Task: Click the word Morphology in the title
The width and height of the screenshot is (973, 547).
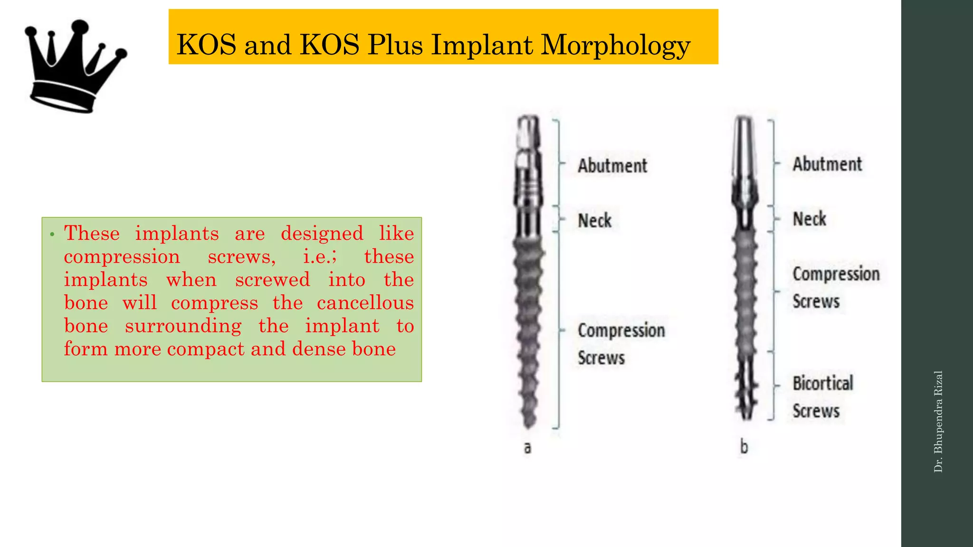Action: [x=615, y=46]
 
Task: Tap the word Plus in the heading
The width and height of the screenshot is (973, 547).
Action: [x=394, y=45]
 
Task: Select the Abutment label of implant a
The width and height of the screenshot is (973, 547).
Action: [x=612, y=166]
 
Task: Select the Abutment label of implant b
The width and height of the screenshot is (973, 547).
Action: [x=827, y=164]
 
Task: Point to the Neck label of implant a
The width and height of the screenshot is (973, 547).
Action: [x=595, y=221]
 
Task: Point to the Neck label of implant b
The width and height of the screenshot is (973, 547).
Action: [x=810, y=219]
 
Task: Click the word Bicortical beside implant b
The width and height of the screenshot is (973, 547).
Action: [x=823, y=383]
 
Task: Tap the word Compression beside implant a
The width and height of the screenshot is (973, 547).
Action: [x=621, y=330]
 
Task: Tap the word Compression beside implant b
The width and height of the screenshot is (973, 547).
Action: [x=836, y=274]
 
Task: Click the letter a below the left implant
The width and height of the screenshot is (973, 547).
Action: [x=527, y=447]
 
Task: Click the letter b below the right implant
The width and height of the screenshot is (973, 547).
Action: [x=744, y=447]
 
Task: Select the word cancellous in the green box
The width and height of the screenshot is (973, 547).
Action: [x=365, y=303]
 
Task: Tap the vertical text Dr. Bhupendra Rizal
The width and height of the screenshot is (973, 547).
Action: [x=938, y=422]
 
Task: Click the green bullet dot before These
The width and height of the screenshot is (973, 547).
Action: [x=53, y=234]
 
